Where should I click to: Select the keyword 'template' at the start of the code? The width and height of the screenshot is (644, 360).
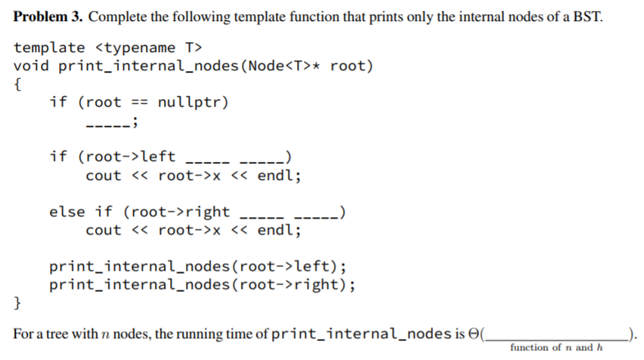coord(49,48)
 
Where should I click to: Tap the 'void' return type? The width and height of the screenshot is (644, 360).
coord(31,66)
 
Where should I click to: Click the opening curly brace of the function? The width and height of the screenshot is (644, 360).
coord(18,84)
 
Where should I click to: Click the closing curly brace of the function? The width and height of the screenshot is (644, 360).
coord(18,304)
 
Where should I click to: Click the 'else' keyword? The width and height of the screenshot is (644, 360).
coord(67,212)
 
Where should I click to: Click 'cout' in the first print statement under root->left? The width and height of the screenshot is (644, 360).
coord(104,175)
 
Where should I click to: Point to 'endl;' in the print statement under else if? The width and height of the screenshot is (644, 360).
coord(280,230)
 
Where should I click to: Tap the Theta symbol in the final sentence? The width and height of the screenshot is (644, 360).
coord(478,333)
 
